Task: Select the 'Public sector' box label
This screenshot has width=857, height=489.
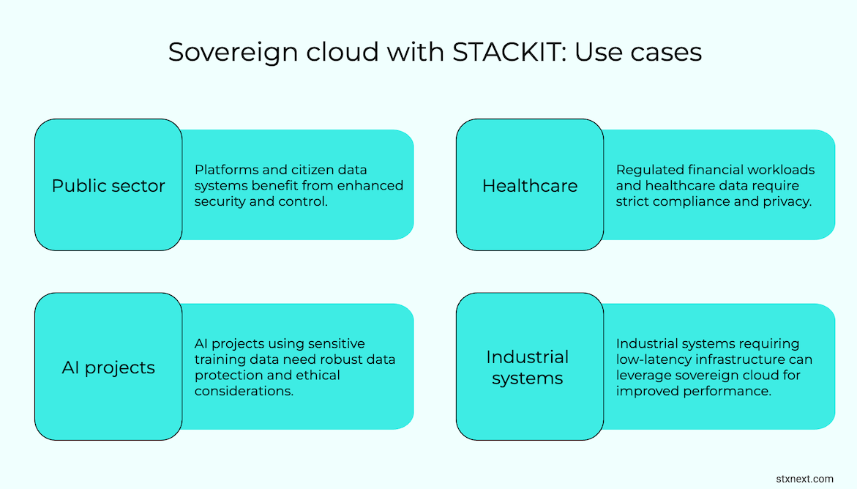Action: coord(108,186)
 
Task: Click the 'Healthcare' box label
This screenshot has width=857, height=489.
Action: coord(530,186)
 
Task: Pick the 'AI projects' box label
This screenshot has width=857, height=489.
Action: coord(108,367)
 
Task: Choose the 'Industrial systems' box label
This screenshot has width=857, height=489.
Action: coord(528,367)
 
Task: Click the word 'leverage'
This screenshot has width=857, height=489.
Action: coord(643,376)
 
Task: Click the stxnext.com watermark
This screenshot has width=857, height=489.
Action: coord(804,479)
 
